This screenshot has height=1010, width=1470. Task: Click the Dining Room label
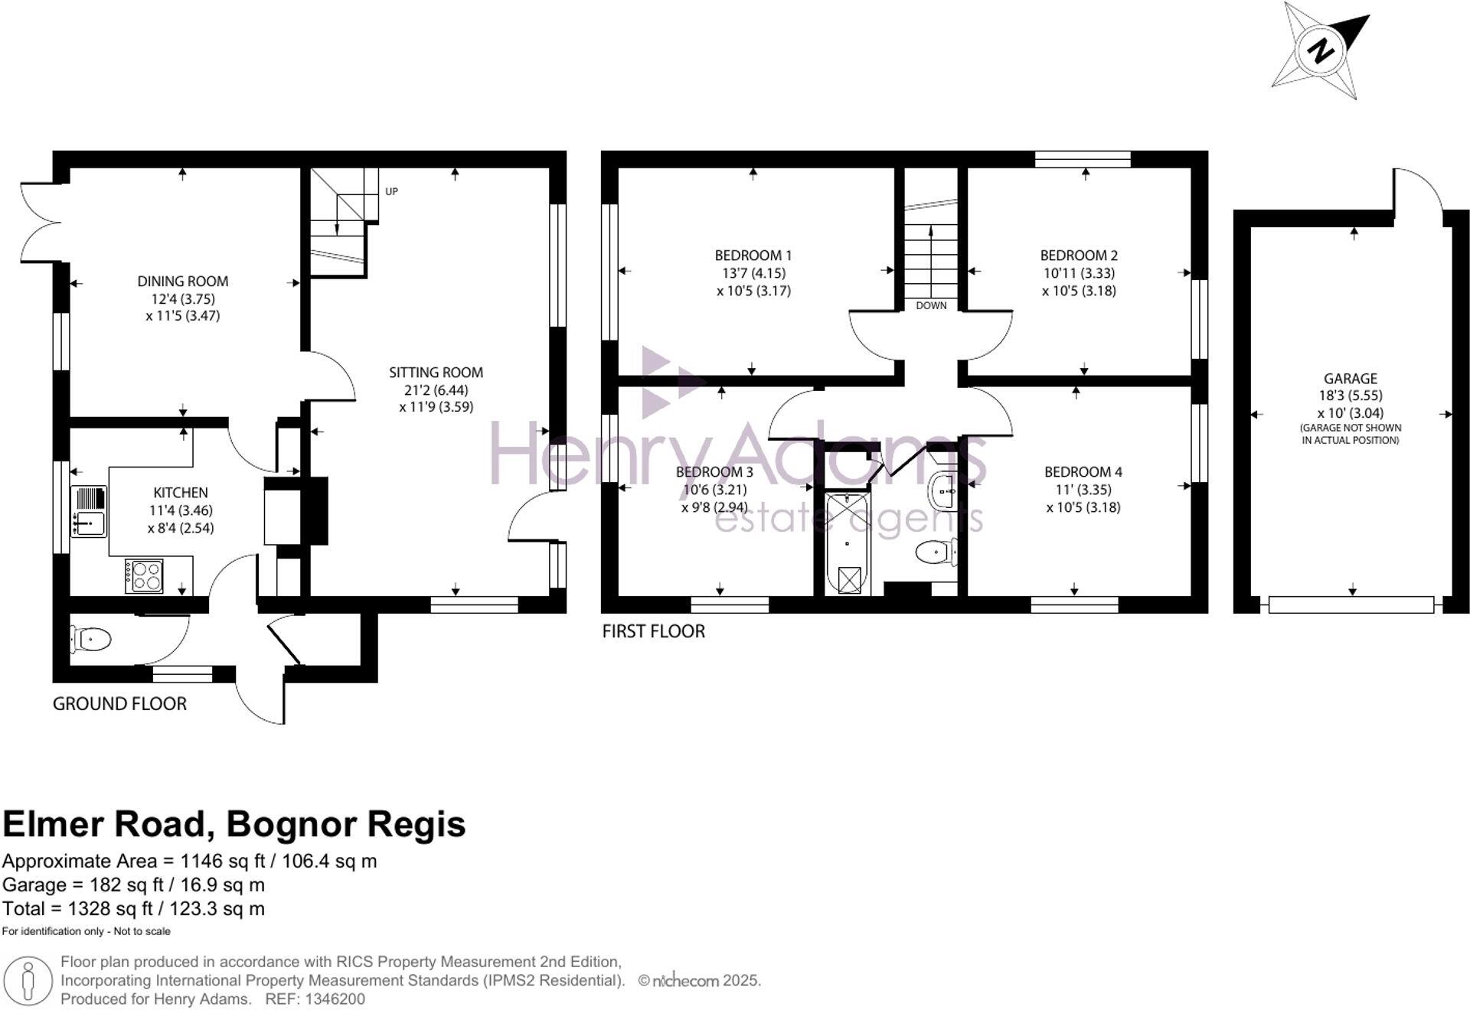point(182,282)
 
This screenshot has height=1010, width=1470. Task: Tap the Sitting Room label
point(436,373)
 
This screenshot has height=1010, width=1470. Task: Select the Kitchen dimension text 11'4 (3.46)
point(181,510)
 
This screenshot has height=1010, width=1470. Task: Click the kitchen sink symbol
point(89,511)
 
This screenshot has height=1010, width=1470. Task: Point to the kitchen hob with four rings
point(145,576)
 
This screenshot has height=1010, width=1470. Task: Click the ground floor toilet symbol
point(91,639)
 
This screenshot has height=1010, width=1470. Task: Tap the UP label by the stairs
point(391,191)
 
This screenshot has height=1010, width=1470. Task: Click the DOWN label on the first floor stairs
point(931,305)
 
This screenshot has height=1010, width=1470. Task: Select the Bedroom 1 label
point(753,256)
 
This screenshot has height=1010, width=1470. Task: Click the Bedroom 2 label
point(1078,256)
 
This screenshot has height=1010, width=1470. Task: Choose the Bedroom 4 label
point(1083,472)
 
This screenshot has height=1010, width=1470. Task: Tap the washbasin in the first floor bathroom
point(943,490)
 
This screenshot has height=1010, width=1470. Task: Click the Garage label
point(1350,379)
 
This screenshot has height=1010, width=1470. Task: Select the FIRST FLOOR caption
point(653,631)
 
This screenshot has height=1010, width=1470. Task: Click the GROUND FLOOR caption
point(119,704)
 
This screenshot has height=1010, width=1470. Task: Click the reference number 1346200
point(335,999)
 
